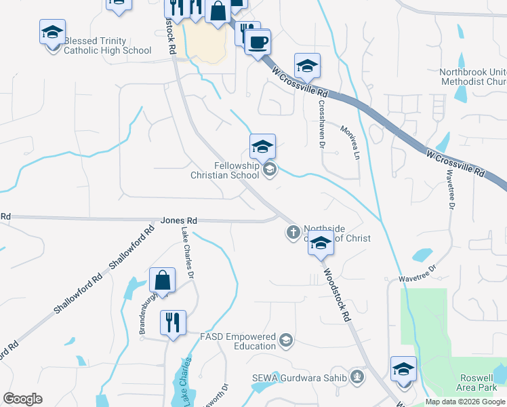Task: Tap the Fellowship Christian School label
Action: (x=237, y=170)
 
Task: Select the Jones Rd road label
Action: (x=179, y=220)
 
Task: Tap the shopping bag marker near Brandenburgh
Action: (x=163, y=279)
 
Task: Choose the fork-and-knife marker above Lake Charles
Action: (x=173, y=322)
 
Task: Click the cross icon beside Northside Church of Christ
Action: (x=293, y=233)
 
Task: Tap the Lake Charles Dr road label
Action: (x=187, y=253)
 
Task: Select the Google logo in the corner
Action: (x=22, y=399)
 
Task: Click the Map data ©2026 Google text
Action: (x=466, y=402)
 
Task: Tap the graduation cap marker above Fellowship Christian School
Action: (x=262, y=145)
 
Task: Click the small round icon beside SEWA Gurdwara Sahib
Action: (x=358, y=377)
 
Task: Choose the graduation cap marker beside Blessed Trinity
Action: (x=52, y=32)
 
